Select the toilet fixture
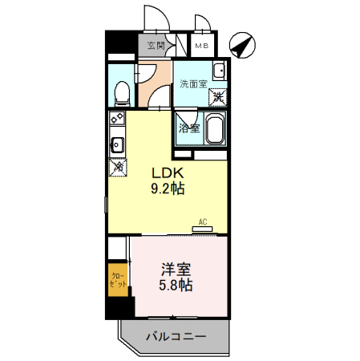122,91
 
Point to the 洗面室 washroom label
192,83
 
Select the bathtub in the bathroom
216,130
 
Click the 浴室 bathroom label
188,128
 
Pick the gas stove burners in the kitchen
116,123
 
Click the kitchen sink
116,146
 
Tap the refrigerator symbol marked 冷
117,168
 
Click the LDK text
169,172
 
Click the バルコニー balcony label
176,335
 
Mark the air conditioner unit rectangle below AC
202,229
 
